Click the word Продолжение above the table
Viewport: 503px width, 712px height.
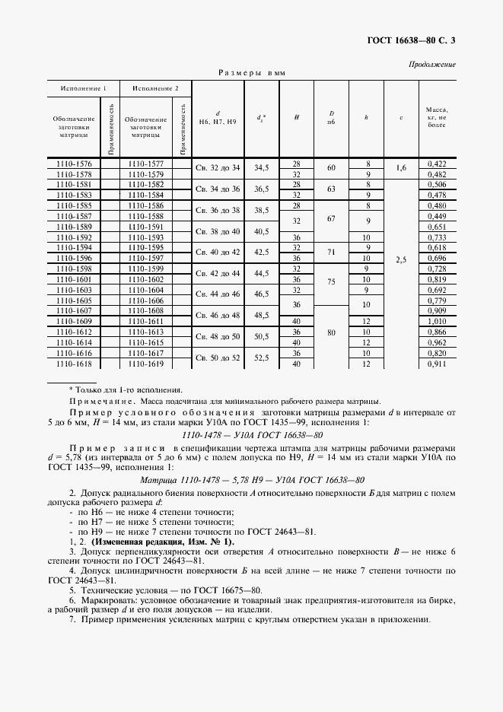tap(432, 65)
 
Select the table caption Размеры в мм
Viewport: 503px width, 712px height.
tap(251, 73)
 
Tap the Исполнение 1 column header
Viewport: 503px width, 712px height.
tap(84, 88)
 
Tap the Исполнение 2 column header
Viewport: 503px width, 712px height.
tap(155, 88)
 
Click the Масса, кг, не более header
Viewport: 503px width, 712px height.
tap(437, 117)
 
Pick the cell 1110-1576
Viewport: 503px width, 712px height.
tap(74, 164)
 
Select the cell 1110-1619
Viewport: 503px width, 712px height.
tap(146, 364)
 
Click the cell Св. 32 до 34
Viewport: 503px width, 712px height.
tap(218, 168)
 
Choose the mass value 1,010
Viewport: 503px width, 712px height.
tap(437, 323)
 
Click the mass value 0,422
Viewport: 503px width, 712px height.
tap(437, 164)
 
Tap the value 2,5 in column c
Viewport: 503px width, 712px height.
tap(401, 259)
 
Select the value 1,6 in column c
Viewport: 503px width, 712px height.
tap(401, 168)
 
